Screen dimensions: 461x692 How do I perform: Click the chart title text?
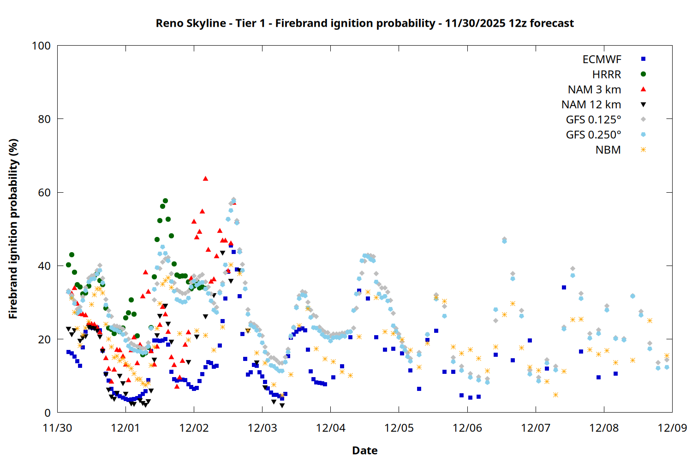click(x=364, y=23)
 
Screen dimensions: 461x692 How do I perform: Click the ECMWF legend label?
click(x=602, y=59)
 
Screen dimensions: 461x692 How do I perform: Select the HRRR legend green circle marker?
click(x=643, y=74)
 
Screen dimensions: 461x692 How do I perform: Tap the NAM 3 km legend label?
click(x=594, y=89)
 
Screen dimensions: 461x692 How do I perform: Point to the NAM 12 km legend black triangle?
click(x=643, y=105)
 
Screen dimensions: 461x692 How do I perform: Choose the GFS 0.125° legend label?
click(x=593, y=120)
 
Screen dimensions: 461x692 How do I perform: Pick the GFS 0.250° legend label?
click(x=593, y=135)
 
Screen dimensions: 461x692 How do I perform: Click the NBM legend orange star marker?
click(x=643, y=150)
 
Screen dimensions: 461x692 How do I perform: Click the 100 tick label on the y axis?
click(x=41, y=46)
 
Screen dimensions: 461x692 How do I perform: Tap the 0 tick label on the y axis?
click(x=47, y=413)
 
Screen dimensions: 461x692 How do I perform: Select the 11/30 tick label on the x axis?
click(x=57, y=428)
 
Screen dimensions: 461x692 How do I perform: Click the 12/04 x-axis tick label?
click(x=330, y=428)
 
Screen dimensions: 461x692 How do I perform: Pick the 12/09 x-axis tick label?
click(x=672, y=428)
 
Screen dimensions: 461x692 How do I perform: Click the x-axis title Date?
click(x=364, y=450)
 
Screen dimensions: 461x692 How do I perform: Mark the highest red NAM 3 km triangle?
click(x=205, y=178)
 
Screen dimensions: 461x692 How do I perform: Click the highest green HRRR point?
click(x=165, y=201)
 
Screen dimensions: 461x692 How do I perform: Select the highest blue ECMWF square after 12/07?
click(x=564, y=287)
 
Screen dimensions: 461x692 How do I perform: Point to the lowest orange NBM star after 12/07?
click(x=555, y=395)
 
